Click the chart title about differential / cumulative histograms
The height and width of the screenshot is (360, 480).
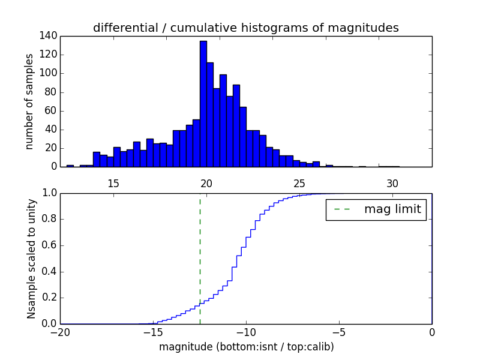245,28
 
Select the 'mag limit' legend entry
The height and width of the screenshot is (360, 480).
376,209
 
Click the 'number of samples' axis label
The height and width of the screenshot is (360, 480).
29,101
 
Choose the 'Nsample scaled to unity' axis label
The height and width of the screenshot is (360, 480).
31,259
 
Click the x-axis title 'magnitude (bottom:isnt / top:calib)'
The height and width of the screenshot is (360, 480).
246,347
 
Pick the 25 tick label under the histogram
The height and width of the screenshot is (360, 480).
299,183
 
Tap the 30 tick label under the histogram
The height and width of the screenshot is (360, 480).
392,183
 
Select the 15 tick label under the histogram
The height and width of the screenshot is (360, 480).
113,183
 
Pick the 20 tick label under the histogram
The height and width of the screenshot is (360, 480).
206,183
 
